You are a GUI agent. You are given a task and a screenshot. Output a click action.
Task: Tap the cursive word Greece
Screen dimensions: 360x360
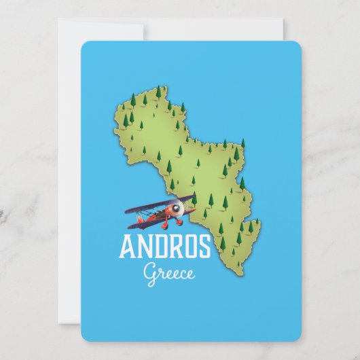tap(169, 273)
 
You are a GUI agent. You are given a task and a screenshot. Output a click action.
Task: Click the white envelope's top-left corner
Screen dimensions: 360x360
tap(59, 20)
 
